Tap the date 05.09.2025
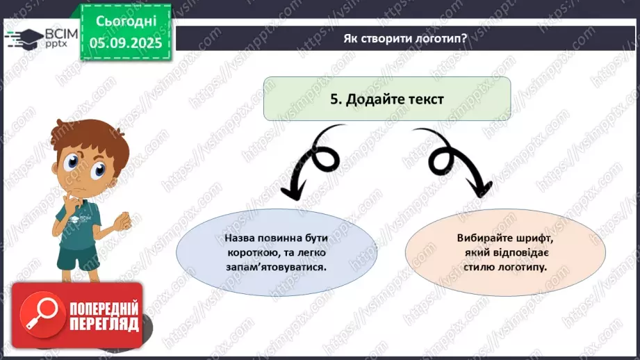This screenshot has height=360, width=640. click(x=126, y=42)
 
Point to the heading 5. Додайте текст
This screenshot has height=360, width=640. click(x=386, y=99)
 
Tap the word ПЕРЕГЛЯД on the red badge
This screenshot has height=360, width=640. click(x=104, y=323)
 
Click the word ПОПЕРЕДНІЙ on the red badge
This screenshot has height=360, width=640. click(x=104, y=308)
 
